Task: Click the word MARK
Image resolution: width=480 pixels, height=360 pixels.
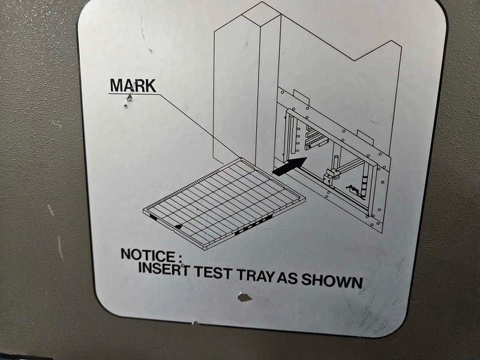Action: click(133, 85)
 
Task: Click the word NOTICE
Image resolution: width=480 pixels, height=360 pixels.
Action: click(148, 254)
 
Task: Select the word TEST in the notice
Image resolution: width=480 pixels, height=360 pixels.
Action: click(212, 272)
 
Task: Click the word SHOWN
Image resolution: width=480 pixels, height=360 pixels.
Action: click(332, 280)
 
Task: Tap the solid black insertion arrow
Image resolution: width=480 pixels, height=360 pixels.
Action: click(289, 167)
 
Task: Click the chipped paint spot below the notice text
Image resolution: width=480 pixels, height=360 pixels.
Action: click(244, 296)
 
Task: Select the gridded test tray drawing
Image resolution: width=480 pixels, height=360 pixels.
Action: click(224, 203)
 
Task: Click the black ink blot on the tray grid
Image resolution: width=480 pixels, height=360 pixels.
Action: click(178, 227)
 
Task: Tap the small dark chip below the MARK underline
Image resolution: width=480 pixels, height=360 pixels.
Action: click(125, 107)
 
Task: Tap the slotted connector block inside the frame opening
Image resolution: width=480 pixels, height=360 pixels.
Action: click(316, 139)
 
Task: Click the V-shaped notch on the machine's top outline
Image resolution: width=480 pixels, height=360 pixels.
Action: click(355, 61)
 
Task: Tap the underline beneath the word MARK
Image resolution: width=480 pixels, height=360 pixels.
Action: click(134, 94)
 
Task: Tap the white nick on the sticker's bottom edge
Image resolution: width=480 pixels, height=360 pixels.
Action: click(194, 322)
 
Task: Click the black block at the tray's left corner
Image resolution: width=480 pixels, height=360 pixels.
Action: click(154, 217)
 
